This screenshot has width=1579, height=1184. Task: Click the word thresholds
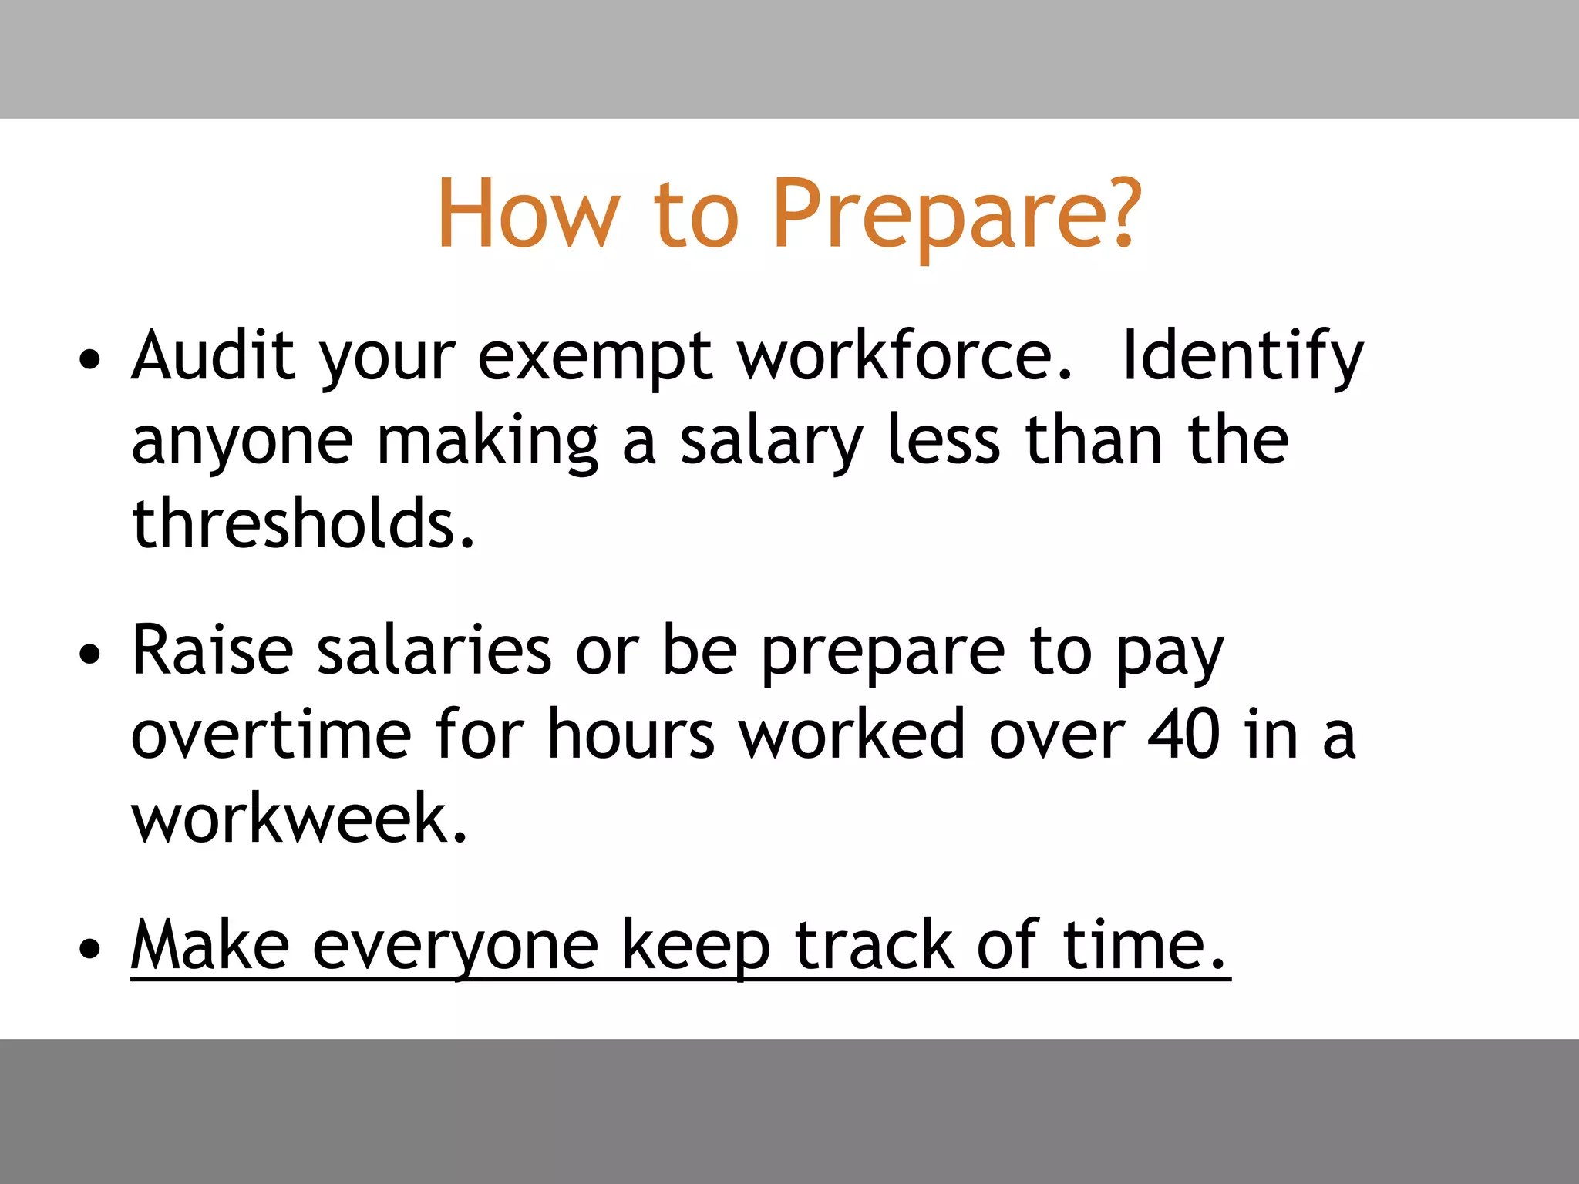pyautogui.click(x=303, y=523)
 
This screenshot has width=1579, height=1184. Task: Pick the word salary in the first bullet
pyautogui.click(x=770, y=442)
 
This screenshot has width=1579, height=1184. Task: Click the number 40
pyautogui.click(x=1183, y=735)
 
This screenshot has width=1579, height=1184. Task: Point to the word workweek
pyautogui.click(x=299, y=819)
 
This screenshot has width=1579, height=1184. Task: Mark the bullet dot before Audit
pyautogui.click(x=90, y=360)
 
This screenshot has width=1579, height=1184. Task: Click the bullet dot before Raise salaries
pyautogui.click(x=90, y=654)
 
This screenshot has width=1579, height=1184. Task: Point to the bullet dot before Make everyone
pyautogui.click(x=90, y=949)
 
